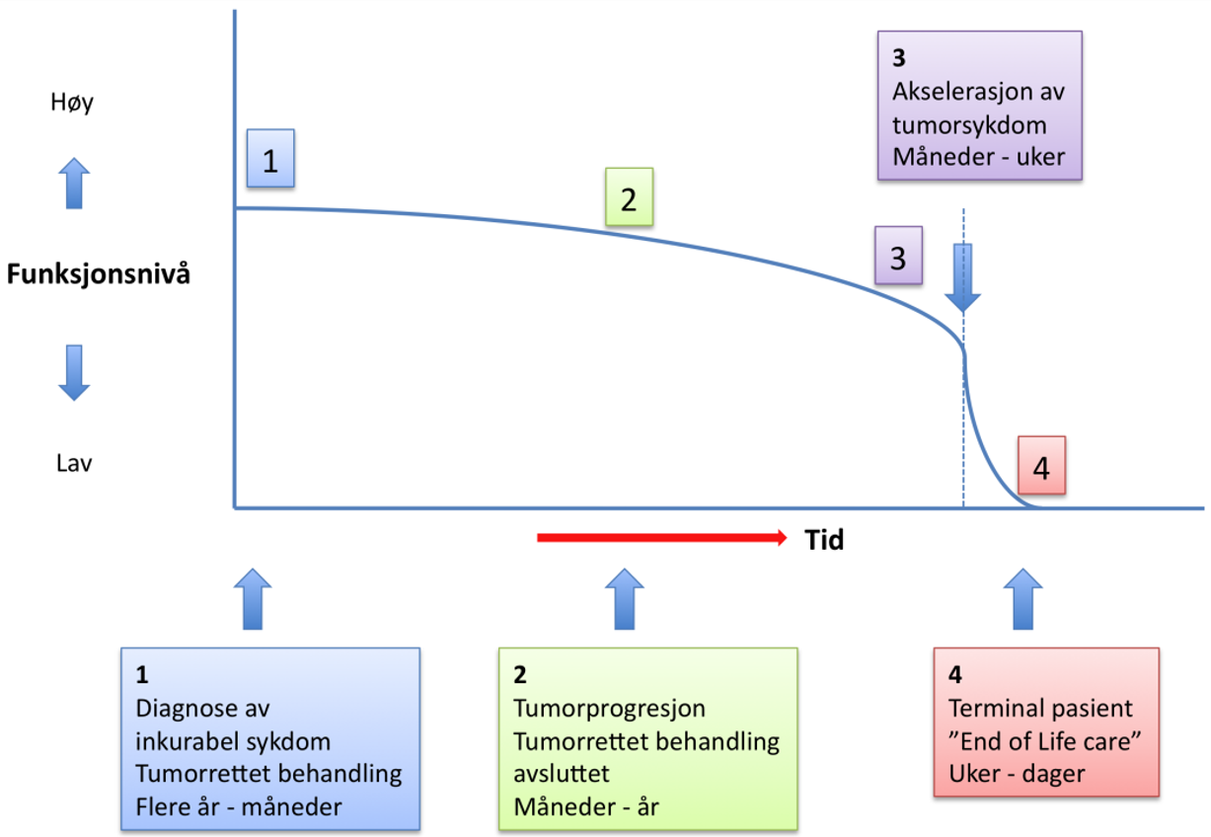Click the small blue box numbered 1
[270, 161]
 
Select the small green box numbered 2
[629, 199]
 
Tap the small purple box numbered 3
[898, 258]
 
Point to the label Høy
[71, 102]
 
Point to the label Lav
[73, 462]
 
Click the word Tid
[824, 540]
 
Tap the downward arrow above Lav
[73, 371]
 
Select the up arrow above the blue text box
[255, 598]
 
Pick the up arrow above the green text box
[623, 598]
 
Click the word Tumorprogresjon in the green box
[609, 708]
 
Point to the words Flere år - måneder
[238, 806]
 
